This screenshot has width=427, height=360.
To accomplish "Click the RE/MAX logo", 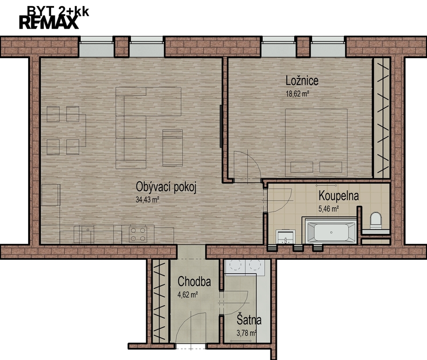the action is coord(49,22).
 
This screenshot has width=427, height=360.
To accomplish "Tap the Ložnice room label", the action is coord(302,81).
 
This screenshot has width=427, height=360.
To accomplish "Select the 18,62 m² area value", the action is coord(297,94).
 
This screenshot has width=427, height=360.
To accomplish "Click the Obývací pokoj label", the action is coord(166,187).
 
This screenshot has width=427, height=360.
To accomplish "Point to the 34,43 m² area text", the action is coord(147,200).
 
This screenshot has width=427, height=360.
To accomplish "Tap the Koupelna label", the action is coord(338,195).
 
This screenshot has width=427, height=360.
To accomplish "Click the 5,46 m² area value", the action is coord(328,209).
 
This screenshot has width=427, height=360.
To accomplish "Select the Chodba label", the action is coord(194,281).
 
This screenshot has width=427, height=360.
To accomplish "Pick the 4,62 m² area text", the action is coord(188,294).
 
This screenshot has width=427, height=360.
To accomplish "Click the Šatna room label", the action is coord(249,320).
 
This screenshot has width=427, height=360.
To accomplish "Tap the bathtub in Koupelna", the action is coord(331,232).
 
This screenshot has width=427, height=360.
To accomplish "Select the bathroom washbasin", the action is coord(285,237).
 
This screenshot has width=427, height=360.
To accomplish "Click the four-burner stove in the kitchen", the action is coord(138,234).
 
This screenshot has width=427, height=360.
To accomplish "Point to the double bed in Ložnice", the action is coord(316,142).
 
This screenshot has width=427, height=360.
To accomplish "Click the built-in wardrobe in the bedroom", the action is coord(381,118).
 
